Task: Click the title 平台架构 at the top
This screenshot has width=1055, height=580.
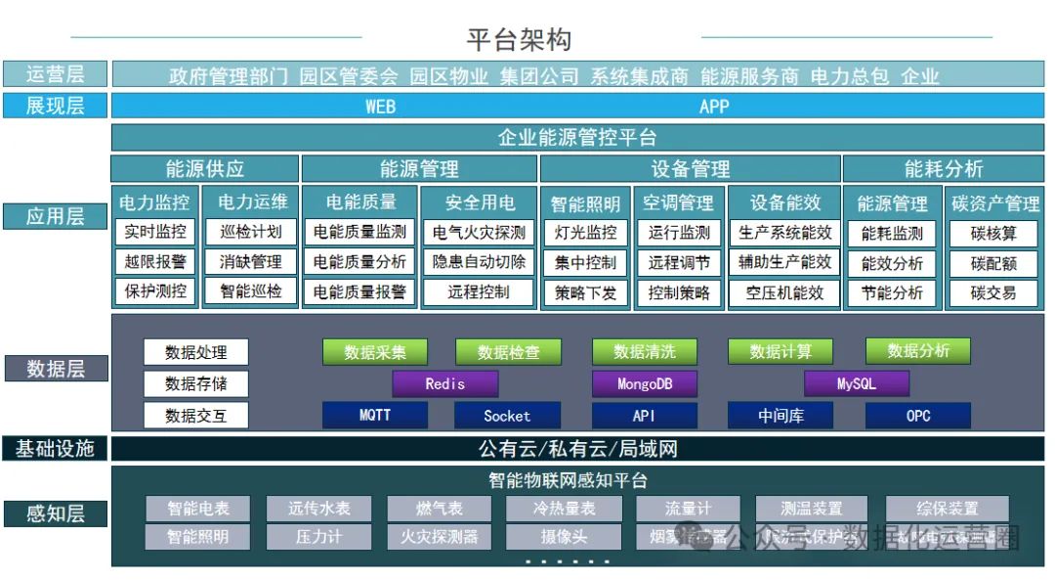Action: point(518,40)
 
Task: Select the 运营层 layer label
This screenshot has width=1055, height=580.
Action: point(56,74)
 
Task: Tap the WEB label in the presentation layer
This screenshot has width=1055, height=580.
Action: point(380,106)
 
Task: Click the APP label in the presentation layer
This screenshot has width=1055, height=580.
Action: point(714,106)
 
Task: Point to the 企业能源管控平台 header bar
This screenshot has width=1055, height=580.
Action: point(577,137)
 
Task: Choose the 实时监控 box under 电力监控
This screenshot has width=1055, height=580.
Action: point(155,232)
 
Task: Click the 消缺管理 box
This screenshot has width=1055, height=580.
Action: point(250,261)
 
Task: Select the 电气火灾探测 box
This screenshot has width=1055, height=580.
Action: point(479,232)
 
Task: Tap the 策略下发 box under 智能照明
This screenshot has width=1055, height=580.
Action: point(585,292)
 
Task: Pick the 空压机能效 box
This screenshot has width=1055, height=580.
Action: point(784,292)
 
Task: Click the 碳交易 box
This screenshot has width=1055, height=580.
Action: point(992,292)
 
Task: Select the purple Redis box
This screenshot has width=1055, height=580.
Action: point(444,384)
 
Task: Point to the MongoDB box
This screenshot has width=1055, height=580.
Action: point(645,384)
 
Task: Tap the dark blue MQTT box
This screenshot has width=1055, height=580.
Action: point(374,416)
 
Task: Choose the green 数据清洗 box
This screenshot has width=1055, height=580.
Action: point(645,352)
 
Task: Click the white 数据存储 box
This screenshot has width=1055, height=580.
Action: point(195,383)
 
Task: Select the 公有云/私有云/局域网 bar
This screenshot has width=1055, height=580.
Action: point(577,449)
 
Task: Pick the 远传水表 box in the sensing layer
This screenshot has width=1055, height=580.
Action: point(318,509)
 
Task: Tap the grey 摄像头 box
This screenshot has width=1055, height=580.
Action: point(564,536)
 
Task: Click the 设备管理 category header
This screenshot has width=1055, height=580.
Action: point(690,168)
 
